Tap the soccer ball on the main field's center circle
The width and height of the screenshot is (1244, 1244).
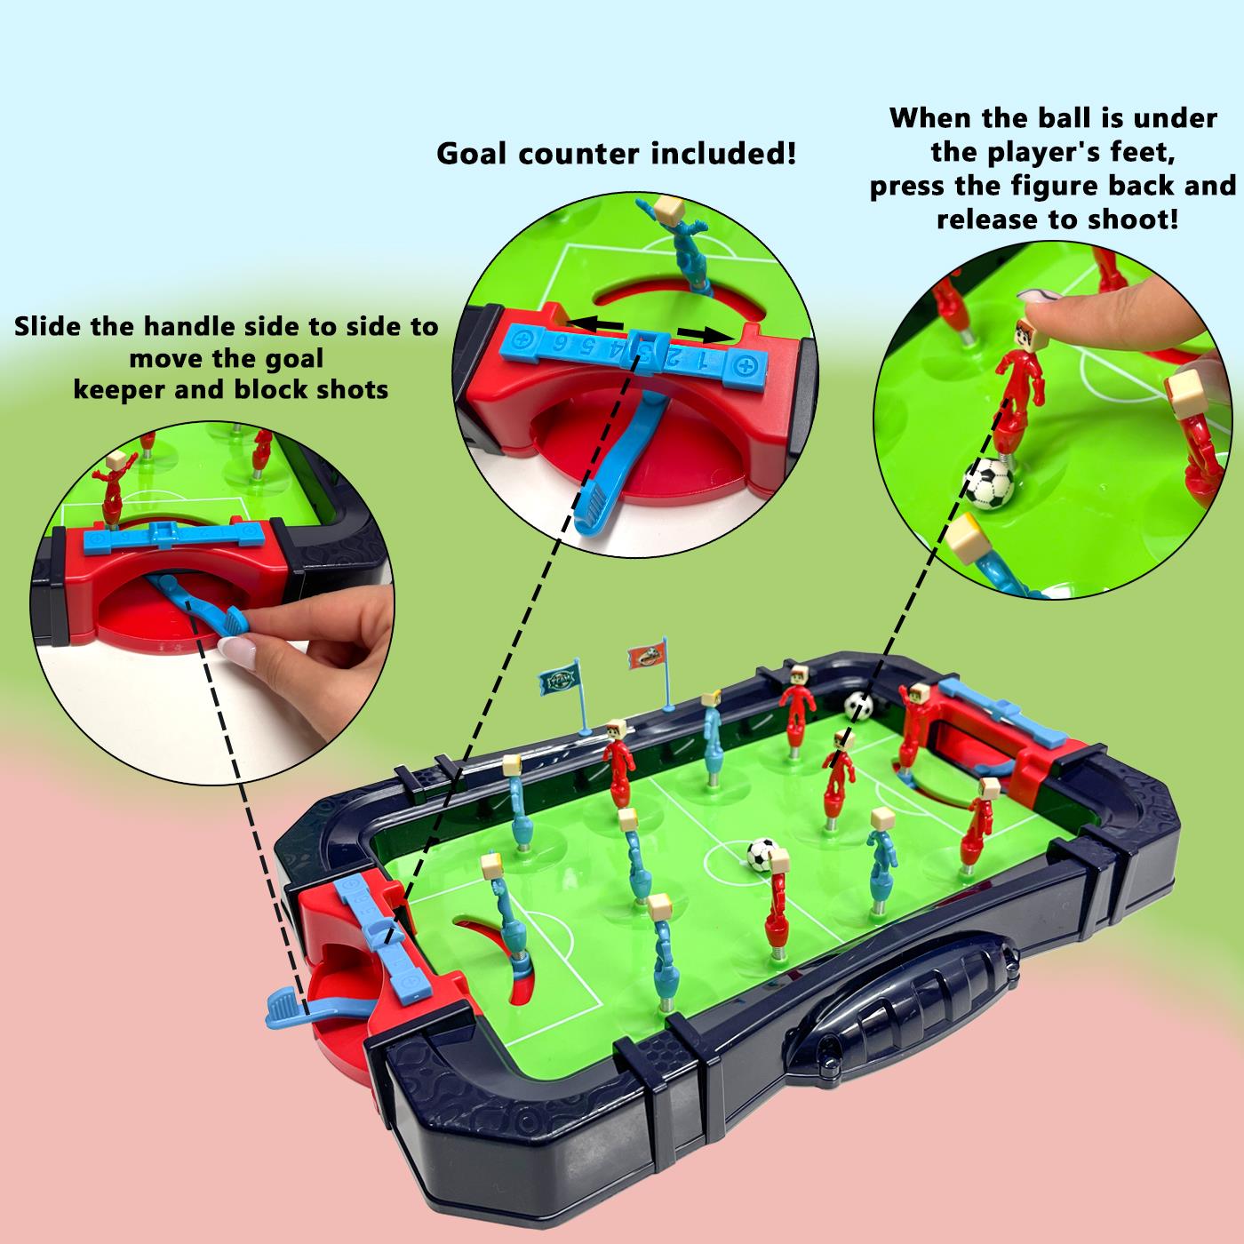point(762,856)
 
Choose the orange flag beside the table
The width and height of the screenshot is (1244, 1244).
point(646,657)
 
